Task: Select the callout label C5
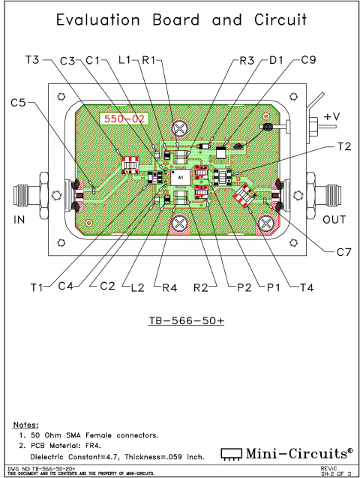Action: click(20, 102)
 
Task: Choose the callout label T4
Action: click(307, 286)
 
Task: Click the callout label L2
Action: click(136, 286)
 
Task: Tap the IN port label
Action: click(21, 220)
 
